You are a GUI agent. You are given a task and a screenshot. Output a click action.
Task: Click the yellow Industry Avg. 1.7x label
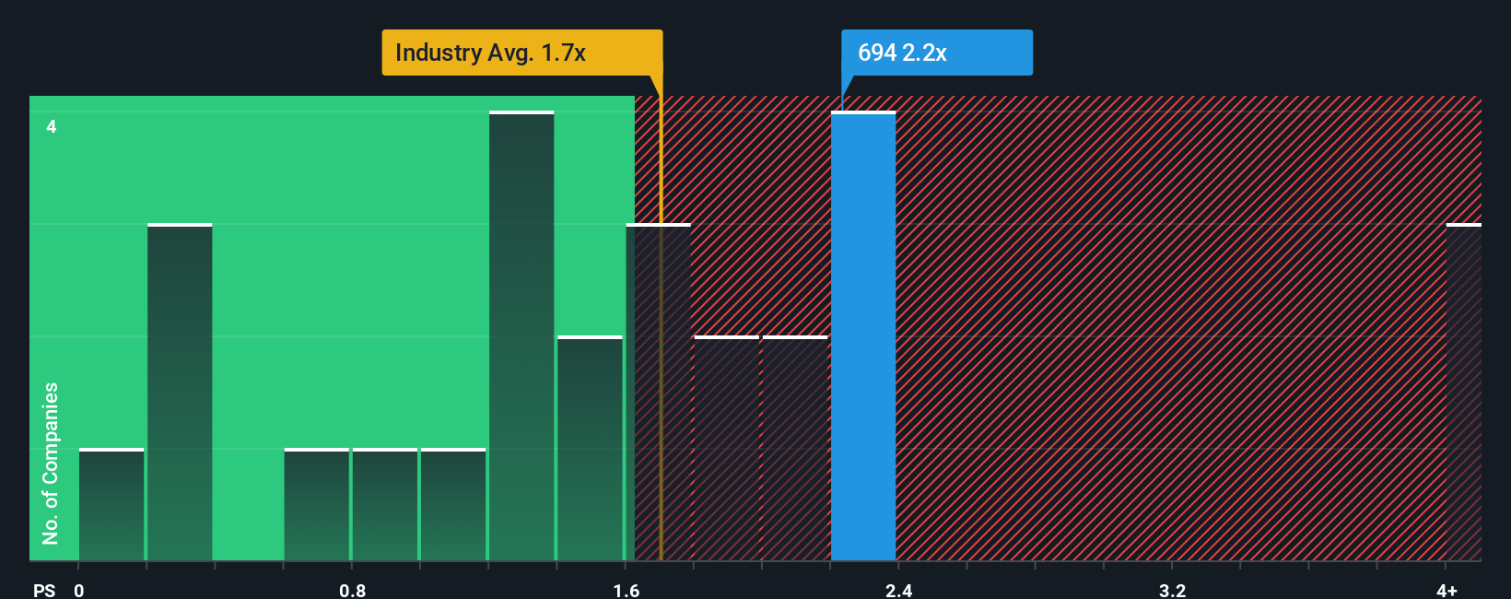coord(521,53)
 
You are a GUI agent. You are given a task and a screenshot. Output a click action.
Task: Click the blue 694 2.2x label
coord(936,53)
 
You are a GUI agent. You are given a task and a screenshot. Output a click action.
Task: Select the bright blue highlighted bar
coord(863,336)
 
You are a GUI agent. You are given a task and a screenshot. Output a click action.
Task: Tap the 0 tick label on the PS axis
coord(79,590)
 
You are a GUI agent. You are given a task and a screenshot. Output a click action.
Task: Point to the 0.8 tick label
coord(352,590)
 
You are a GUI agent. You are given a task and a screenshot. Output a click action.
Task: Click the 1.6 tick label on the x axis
coord(627,590)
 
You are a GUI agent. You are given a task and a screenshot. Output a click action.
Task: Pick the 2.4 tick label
coord(898,590)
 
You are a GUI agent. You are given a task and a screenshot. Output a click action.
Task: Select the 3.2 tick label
coord(1172,590)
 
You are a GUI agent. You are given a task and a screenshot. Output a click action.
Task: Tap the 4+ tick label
coord(1447,590)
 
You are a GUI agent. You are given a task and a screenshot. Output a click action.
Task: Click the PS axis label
coord(44,590)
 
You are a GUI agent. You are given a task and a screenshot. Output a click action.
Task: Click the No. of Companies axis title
coord(51,463)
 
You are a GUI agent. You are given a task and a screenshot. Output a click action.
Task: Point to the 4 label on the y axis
coord(52,126)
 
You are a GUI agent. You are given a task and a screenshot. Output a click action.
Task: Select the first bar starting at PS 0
coord(111,505)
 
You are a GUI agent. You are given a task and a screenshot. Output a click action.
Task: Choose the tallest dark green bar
coord(521,336)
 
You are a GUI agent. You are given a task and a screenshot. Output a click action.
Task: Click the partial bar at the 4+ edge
coord(1463,392)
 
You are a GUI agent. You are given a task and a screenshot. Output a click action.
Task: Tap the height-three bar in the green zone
coord(180,392)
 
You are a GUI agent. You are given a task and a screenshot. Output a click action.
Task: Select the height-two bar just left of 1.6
coord(590,449)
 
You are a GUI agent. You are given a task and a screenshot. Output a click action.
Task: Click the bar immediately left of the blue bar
coord(795,449)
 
